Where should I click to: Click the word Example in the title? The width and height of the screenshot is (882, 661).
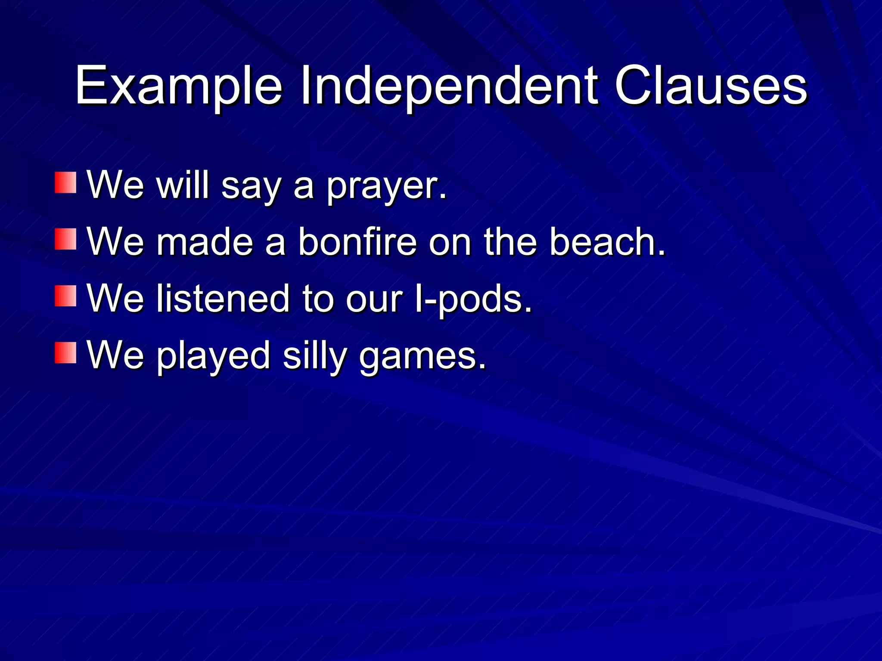tap(178, 86)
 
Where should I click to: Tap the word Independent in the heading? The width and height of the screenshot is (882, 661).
tap(448, 86)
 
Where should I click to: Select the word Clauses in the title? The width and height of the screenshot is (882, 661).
tap(711, 86)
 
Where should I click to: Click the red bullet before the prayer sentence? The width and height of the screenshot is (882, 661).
tap(65, 182)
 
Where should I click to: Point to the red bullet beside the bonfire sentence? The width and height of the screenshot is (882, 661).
tap(65, 239)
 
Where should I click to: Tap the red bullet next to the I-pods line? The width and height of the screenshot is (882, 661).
tap(65, 296)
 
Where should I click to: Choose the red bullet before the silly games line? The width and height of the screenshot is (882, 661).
tap(65, 353)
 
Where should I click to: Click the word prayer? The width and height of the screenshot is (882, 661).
tap(386, 186)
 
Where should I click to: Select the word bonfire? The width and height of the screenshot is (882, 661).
tap(357, 242)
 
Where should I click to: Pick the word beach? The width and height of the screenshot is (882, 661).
tap(607, 242)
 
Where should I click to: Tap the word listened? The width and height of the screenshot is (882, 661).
tap(223, 299)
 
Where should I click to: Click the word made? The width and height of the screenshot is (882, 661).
tap(205, 242)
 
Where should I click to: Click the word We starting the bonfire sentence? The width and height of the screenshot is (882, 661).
tap(115, 242)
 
